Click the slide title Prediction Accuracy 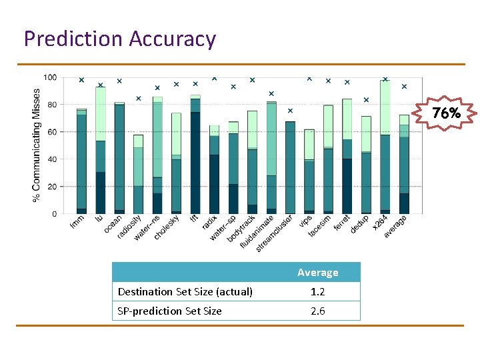(120, 39)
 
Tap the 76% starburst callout (446, 113)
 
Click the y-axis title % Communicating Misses (37, 146)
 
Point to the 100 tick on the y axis (51, 77)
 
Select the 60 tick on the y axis (52, 132)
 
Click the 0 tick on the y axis (54, 214)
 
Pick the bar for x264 (385, 147)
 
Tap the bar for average (404, 164)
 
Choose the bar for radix (214, 169)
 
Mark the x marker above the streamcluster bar (290, 111)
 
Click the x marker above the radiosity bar (138, 99)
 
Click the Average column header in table (317, 272)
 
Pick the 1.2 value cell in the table (317, 291)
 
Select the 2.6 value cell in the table (317, 311)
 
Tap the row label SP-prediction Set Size (169, 311)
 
